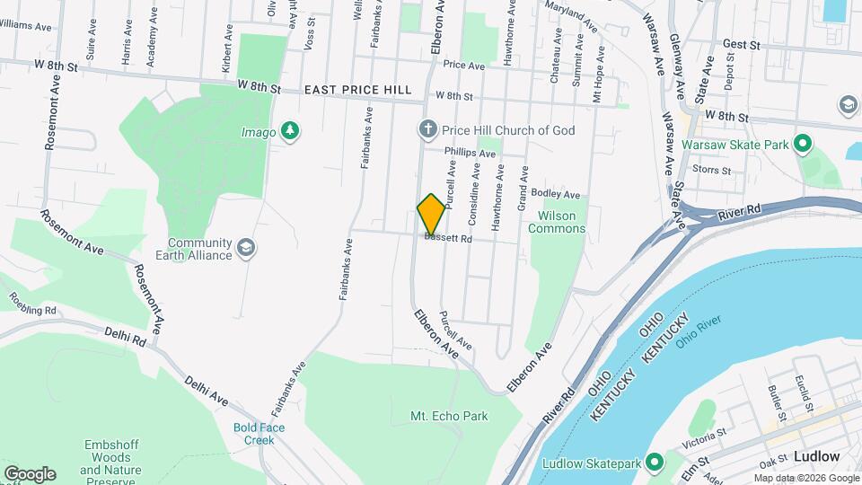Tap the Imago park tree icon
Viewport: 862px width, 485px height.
pyautogui.click(x=289, y=131)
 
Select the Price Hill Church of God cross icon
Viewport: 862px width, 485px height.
pyautogui.click(x=428, y=130)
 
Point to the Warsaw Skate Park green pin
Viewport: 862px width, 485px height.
pyautogui.click(x=804, y=144)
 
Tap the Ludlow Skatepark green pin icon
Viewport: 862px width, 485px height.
pyautogui.click(x=655, y=463)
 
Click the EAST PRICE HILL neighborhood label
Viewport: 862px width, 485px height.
pyautogui.click(x=357, y=90)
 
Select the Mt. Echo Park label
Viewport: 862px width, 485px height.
pyautogui.click(x=449, y=417)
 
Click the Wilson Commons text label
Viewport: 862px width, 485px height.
pyautogui.click(x=562, y=222)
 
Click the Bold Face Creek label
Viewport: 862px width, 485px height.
pyautogui.click(x=259, y=434)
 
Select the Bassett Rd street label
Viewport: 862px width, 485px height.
pyautogui.click(x=449, y=239)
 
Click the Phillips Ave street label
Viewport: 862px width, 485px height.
pyautogui.click(x=470, y=154)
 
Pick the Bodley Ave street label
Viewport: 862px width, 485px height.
pyautogui.click(x=557, y=195)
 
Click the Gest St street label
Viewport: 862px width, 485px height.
pyautogui.click(x=741, y=43)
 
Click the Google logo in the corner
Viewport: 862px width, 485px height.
pyautogui.click(x=29, y=473)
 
